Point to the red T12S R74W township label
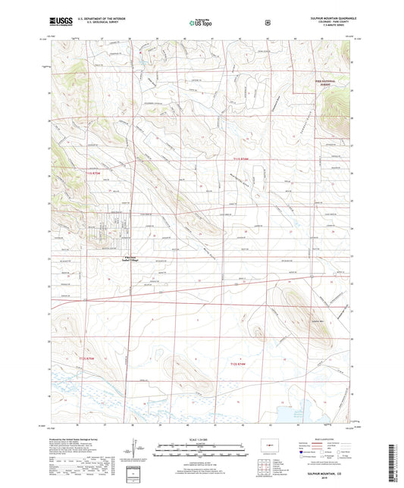pos(239,363)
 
